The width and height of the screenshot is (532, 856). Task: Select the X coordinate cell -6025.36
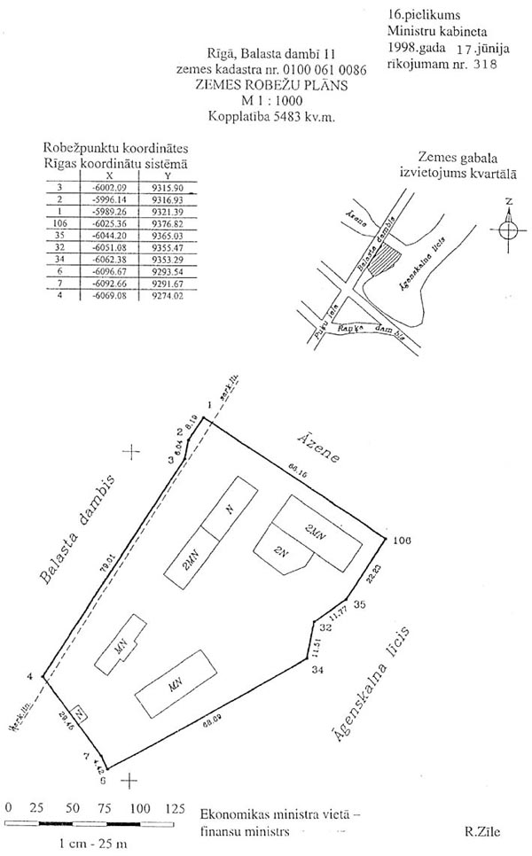111,223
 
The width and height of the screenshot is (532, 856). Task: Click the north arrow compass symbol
508,230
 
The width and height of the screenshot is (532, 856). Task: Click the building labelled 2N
283,552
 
